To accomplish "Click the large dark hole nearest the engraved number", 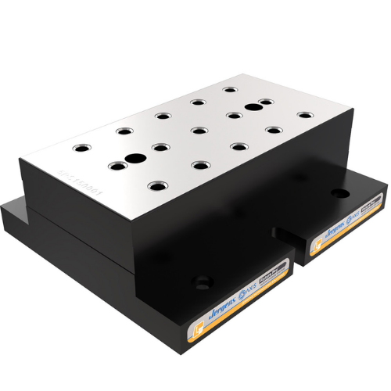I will tap(135, 159).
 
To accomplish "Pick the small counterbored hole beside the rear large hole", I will tap(267, 102).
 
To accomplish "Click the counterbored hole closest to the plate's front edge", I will tap(158, 186).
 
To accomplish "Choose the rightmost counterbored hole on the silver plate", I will tap(304, 115).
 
